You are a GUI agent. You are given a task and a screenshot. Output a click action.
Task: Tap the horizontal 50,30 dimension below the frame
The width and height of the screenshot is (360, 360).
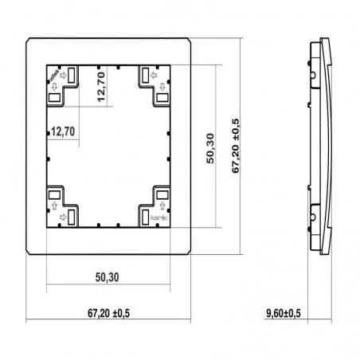(x=108, y=277)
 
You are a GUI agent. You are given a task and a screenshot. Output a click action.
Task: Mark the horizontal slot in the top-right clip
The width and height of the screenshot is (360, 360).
(x=162, y=97)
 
